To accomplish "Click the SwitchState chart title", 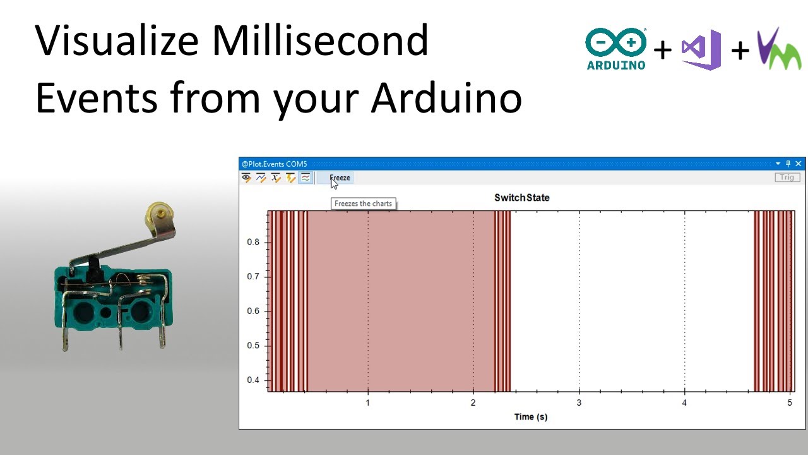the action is (x=522, y=198).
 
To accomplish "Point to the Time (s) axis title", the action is (x=531, y=416).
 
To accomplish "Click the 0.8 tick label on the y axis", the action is (x=253, y=242).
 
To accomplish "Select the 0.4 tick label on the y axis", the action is (x=253, y=380).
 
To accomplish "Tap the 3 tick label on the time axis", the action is (x=579, y=403).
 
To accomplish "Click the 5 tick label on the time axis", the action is (x=790, y=403).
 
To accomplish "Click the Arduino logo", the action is (x=615, y=49).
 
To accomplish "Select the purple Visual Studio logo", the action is (x=701, y=50).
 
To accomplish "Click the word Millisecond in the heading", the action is (x=320, y=40).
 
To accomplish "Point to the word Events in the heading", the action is (x=97, y=97).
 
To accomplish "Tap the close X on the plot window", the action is (x=799, y=164).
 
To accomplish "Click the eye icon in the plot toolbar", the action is (x=246, y=178).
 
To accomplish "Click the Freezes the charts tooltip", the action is (x=363, y=203).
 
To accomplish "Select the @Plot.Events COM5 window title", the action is (x=274, y=164).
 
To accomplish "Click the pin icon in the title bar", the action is (x=788, y=164).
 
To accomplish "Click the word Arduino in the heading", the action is (x=446, y=97).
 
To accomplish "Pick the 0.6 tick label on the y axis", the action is (x=253, y=311).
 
